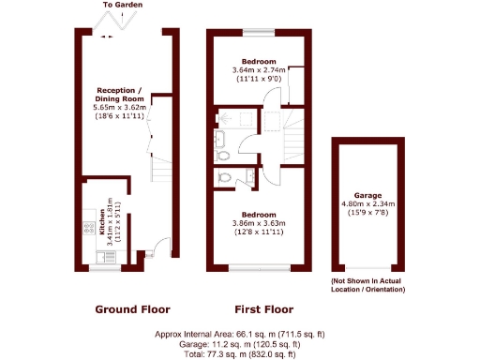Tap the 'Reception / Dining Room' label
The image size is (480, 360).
119,96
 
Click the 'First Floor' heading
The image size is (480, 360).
262,309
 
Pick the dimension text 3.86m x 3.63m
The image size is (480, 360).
258,223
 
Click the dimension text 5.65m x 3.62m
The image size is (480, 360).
119,109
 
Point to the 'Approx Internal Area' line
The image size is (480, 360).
239,334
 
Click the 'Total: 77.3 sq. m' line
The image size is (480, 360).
239,353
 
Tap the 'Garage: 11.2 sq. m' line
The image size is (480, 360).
239,344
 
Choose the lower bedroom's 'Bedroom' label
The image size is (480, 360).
258,213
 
